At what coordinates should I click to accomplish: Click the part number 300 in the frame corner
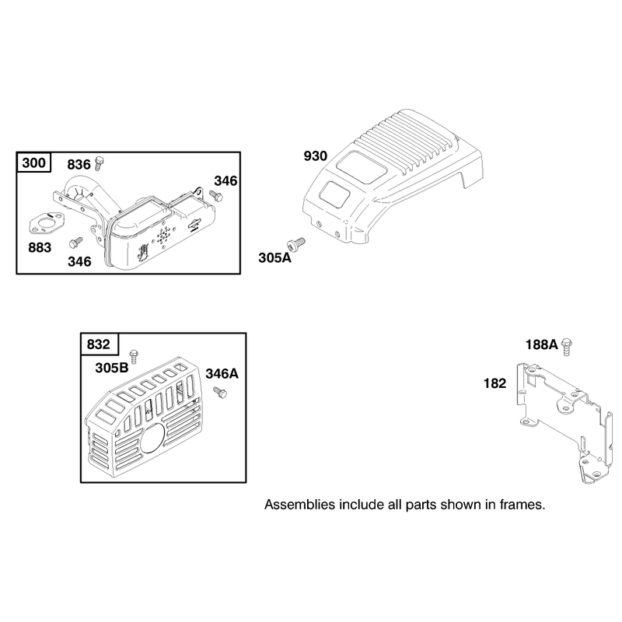click(x=33, y=162)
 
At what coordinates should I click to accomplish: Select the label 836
click(x=79, y=165)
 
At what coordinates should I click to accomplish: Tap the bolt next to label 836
click(x=100, y=163)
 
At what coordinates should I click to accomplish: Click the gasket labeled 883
click(x=47, y=223)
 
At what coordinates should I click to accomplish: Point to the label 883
click(x=40, y=248)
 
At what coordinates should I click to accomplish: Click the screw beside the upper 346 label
click(x=216, y=195)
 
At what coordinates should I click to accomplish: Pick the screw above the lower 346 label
click(x=75, y=243)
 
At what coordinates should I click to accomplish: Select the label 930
click(x=316, y=156)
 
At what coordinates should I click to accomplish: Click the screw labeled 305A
click(x=296, y=243)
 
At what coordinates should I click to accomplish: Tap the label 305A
click(x=274, y=258)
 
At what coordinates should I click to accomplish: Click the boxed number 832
click(x=99, y=344)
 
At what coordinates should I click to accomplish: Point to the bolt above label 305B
click(x=134, y=356)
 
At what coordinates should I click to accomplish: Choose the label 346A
click(x=222, y=374)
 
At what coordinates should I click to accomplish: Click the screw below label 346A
click(x=220, y=393)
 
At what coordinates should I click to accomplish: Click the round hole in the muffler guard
click(x=152, y=438)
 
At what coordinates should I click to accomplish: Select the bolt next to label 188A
click(x=567, y=346)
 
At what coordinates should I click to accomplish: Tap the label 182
click(x=494, y=383)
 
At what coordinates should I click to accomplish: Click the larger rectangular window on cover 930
click(x=362, y=166)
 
